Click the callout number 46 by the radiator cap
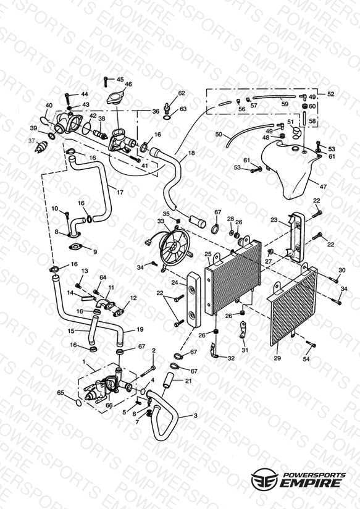tap(128, 85)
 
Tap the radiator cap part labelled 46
tap(115, 98)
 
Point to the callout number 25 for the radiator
tap(207, 254)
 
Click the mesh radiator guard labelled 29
tap(292, 307)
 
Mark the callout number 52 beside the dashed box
tap(330, 94)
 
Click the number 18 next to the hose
tap(191, 153)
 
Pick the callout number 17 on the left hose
tap(120, 192)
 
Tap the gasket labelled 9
tap(77, 247)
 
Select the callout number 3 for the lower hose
tap(195, 416)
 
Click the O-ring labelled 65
tap(78, 403)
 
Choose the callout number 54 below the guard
tap(306, 359)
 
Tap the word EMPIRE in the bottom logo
tap(311, 482)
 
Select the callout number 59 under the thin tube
tap(285, 104)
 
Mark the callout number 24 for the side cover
tap(175, 282)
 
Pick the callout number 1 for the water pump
tap(84, 361)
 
